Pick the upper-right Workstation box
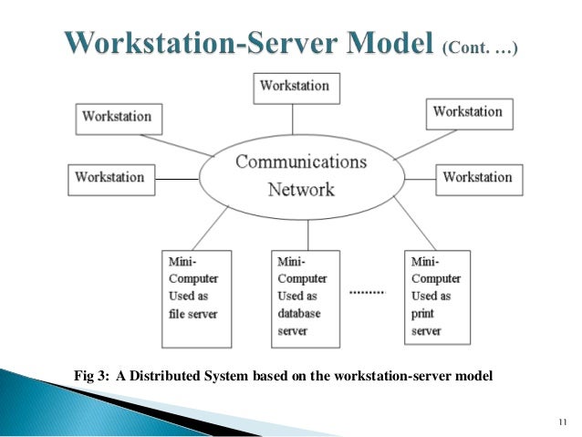click(x=468, y=112)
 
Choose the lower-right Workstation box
click(x=478, y=177)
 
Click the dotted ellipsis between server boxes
click(x=369, y=292)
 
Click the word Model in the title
click(x=379, y=44)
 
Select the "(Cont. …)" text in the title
click(x=481, y=47)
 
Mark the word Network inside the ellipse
click(x=301, y=190)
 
